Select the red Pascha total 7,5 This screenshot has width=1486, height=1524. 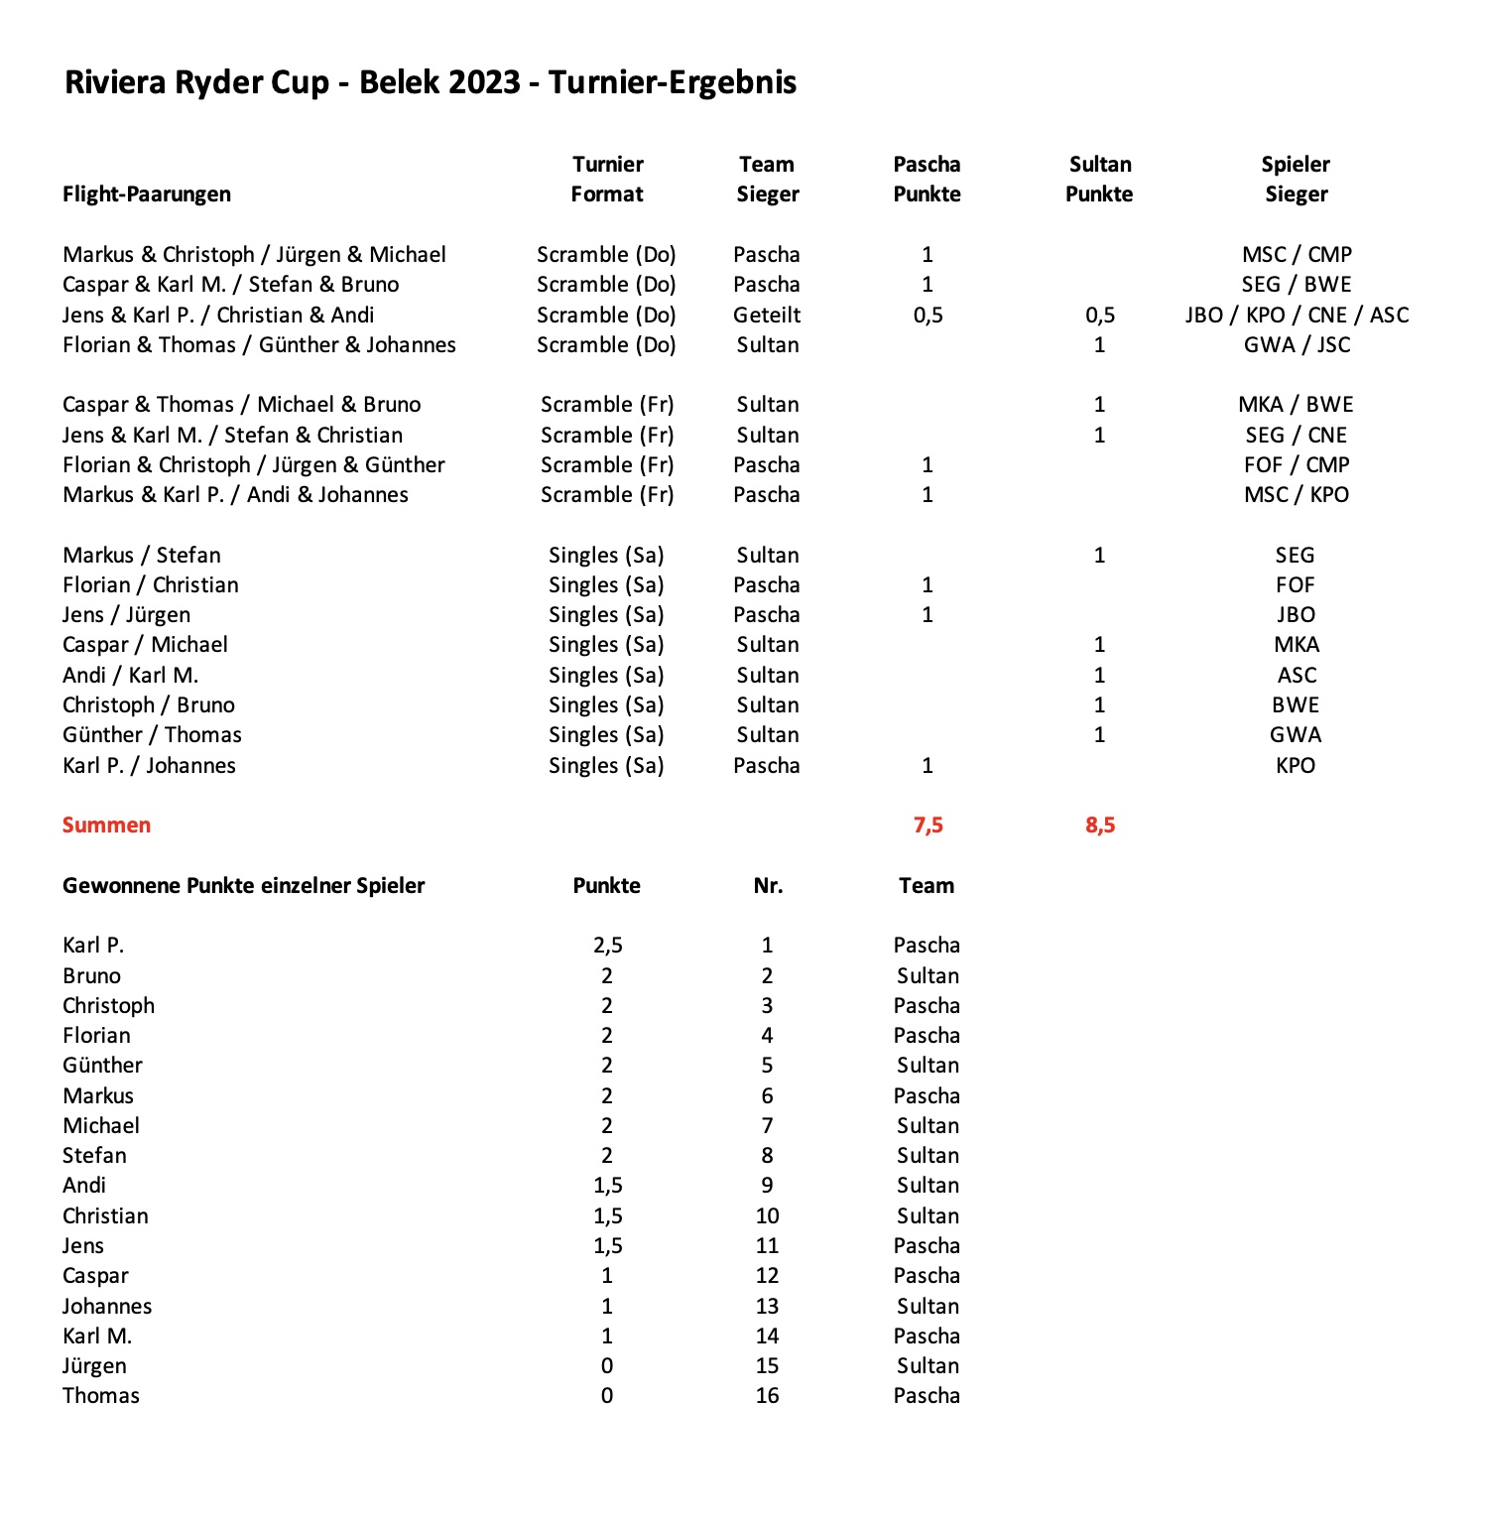928,825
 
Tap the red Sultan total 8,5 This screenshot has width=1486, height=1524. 1099,825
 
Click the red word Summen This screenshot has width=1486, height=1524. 106,825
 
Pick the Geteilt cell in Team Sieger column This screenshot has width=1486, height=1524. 767,316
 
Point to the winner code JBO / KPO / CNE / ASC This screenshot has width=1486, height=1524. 1296,316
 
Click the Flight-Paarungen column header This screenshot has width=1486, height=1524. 146,194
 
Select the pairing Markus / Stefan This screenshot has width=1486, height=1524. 141,556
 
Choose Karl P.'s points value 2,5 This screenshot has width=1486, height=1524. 607,946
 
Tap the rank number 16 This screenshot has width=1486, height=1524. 767,1396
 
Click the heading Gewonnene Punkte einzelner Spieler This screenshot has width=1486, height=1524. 243,886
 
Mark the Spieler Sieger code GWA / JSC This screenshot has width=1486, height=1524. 1296,345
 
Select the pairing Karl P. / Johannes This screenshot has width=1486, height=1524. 149,766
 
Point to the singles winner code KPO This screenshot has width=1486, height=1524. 1296,766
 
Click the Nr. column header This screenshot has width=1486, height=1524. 767,886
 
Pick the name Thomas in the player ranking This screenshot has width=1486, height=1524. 100,1396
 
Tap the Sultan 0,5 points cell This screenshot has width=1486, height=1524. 1099,316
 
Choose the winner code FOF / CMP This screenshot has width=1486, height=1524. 1296,465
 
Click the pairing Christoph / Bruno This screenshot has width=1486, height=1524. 148,705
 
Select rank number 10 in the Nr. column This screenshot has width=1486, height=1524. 767,1216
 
